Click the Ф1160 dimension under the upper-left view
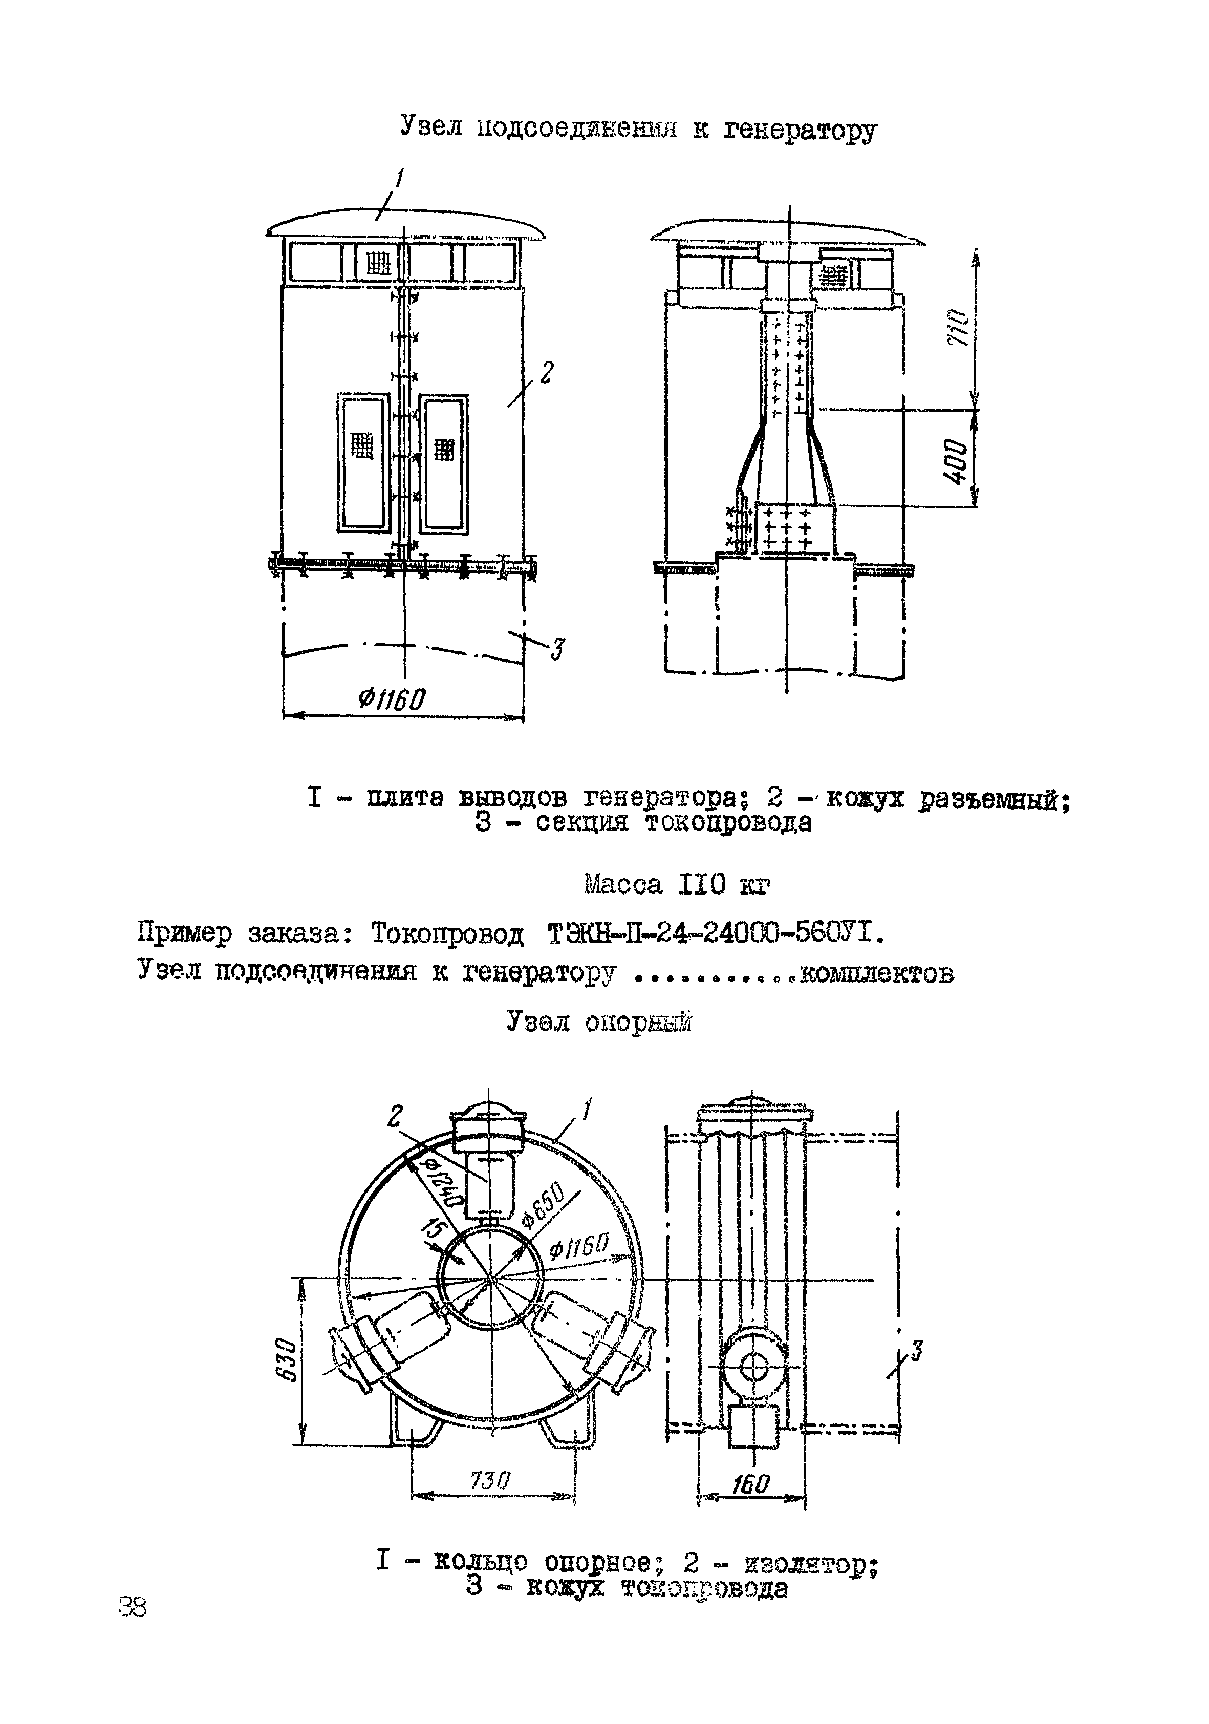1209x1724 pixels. pyautogui.click(x=392, y=700)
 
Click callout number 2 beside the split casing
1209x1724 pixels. pyautogui.click(x=546, y=373)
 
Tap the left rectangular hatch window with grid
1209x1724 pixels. pyautogui.click(x=364, y=462)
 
